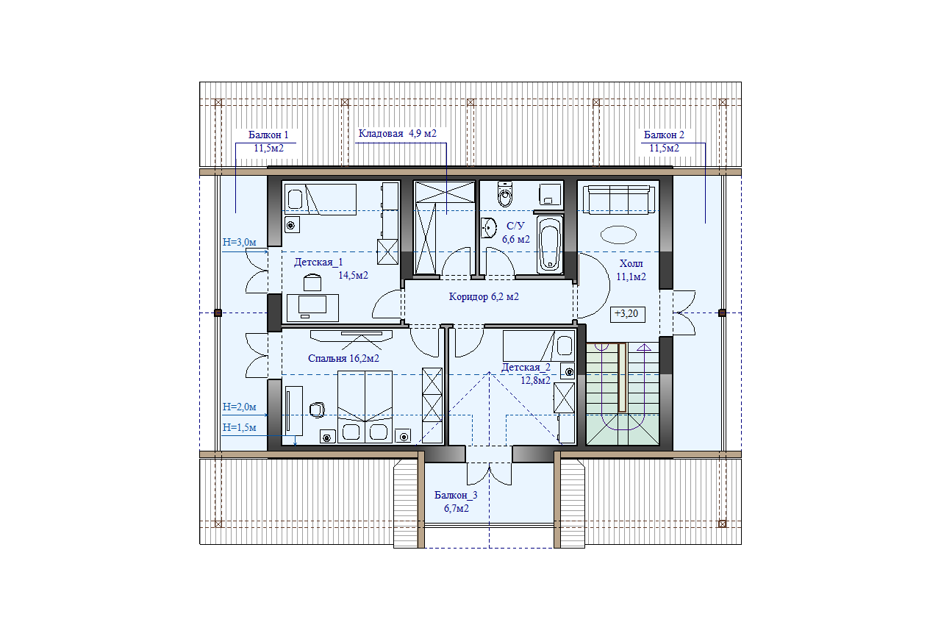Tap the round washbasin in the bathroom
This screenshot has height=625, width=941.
(489, 228)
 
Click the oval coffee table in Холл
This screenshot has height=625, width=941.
(618, 235)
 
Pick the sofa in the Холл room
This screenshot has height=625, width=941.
(619, 199)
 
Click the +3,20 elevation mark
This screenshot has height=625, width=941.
(626, 314)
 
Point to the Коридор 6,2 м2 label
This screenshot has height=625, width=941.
(484, 296)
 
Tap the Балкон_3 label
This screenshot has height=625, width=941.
(456, 495)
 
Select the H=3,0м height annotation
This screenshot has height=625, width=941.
(239, 242)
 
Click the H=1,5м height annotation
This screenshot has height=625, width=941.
(239, 427)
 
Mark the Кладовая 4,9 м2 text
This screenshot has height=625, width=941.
(398, 134)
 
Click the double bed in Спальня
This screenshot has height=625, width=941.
(365, 407)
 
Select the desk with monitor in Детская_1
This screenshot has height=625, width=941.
(312, 308)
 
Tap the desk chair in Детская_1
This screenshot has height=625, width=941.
(312, 282)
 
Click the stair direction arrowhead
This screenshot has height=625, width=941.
(643, 347)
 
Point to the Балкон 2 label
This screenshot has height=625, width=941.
(664, 135)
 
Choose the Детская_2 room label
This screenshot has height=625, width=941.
(526, 367)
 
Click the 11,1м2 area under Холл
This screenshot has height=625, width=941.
(631, 276)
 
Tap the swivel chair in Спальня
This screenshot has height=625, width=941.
(317, 410)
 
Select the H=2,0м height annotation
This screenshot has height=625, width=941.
(239, 407)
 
